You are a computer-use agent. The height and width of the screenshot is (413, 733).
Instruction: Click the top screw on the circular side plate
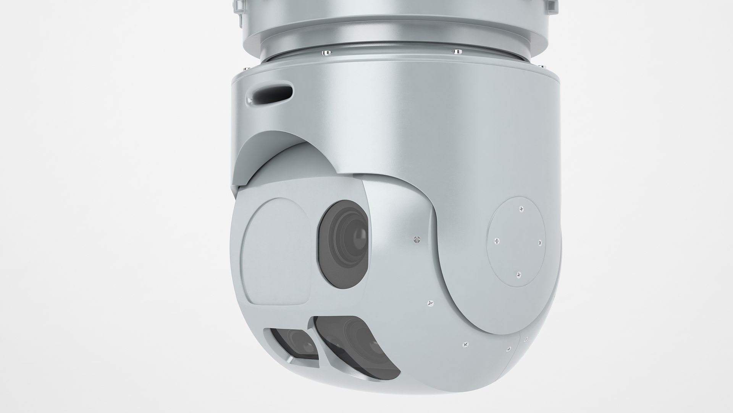click(522, 209)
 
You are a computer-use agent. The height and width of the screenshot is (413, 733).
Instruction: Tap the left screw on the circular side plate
click(497, 241)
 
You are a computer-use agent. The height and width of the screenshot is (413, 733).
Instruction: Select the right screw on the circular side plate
click(540, 242)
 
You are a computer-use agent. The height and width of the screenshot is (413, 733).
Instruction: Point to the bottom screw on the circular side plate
click(518, 274)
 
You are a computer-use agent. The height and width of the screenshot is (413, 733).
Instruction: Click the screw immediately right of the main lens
click(417, 240)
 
